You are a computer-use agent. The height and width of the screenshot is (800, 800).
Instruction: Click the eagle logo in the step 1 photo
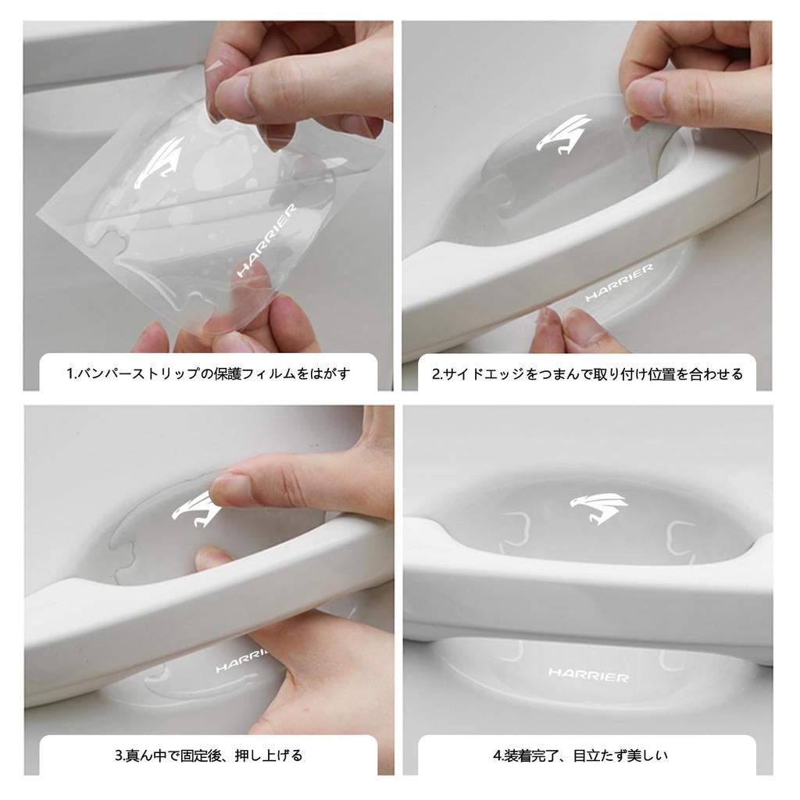coord(159,162)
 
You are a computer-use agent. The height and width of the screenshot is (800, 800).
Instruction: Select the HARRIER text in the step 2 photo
coord(619,282)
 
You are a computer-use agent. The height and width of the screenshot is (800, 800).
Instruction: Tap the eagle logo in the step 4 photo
coord(598,508)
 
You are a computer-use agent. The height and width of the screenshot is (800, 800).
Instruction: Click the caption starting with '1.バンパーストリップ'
coord(208,373)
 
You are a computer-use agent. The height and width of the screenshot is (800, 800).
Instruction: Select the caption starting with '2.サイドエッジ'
coord(587,373)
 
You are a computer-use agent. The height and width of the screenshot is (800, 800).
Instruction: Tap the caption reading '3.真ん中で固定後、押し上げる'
coord(208,755)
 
